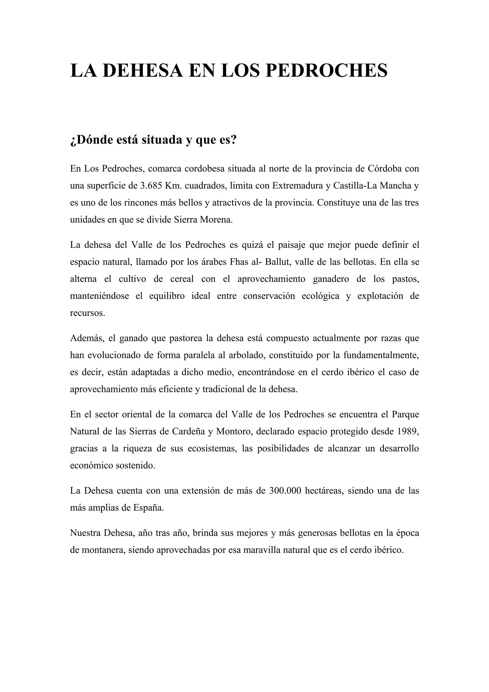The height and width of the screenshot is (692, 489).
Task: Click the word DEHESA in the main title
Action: [143, 70]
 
